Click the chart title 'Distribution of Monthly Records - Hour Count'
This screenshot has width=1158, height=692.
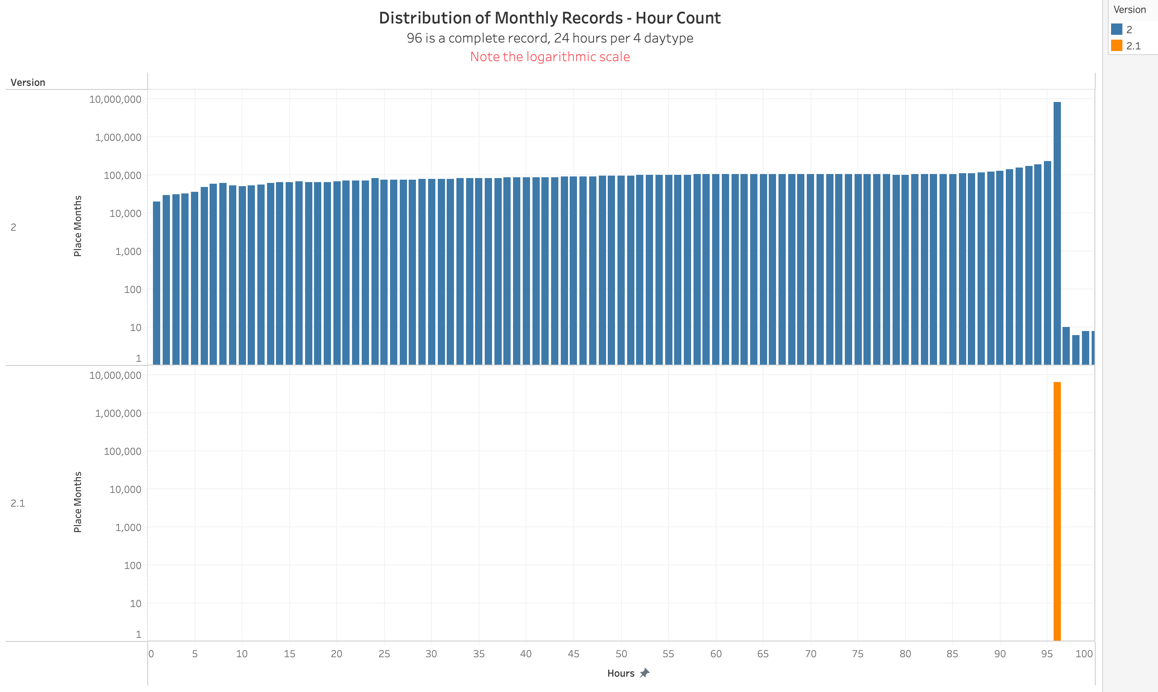[x=549, y=18]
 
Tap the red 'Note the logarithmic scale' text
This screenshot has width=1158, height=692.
[x=549, y=56]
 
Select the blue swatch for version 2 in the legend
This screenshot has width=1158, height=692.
[x=1116, y=30]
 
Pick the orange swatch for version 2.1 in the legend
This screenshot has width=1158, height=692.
[x=1116, y=46]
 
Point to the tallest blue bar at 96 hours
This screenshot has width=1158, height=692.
[x=1057, y=233]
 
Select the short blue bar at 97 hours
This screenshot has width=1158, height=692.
[x=1066, y=346]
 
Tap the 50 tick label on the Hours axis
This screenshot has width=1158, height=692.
[x=621, y=654]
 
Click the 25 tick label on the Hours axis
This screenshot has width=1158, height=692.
[x=384, y=654]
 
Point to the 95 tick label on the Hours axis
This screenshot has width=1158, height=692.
[x=1047, y=654]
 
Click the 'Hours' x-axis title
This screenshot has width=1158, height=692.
[x=621, y=673]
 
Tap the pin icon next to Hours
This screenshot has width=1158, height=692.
[x=645, y=673]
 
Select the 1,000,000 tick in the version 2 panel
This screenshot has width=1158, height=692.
[x=118, y=138]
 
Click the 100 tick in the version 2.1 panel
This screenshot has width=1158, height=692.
[x=132, y=566]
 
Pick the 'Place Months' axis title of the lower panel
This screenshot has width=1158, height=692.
[x=78, y=502]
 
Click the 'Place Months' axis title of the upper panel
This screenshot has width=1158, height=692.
[x=78, y=226]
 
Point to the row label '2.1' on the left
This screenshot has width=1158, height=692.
[x=18, y=503]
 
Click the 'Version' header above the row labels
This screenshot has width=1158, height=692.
[x=28, y=83]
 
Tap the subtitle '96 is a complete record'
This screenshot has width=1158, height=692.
[x=549, y=38]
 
